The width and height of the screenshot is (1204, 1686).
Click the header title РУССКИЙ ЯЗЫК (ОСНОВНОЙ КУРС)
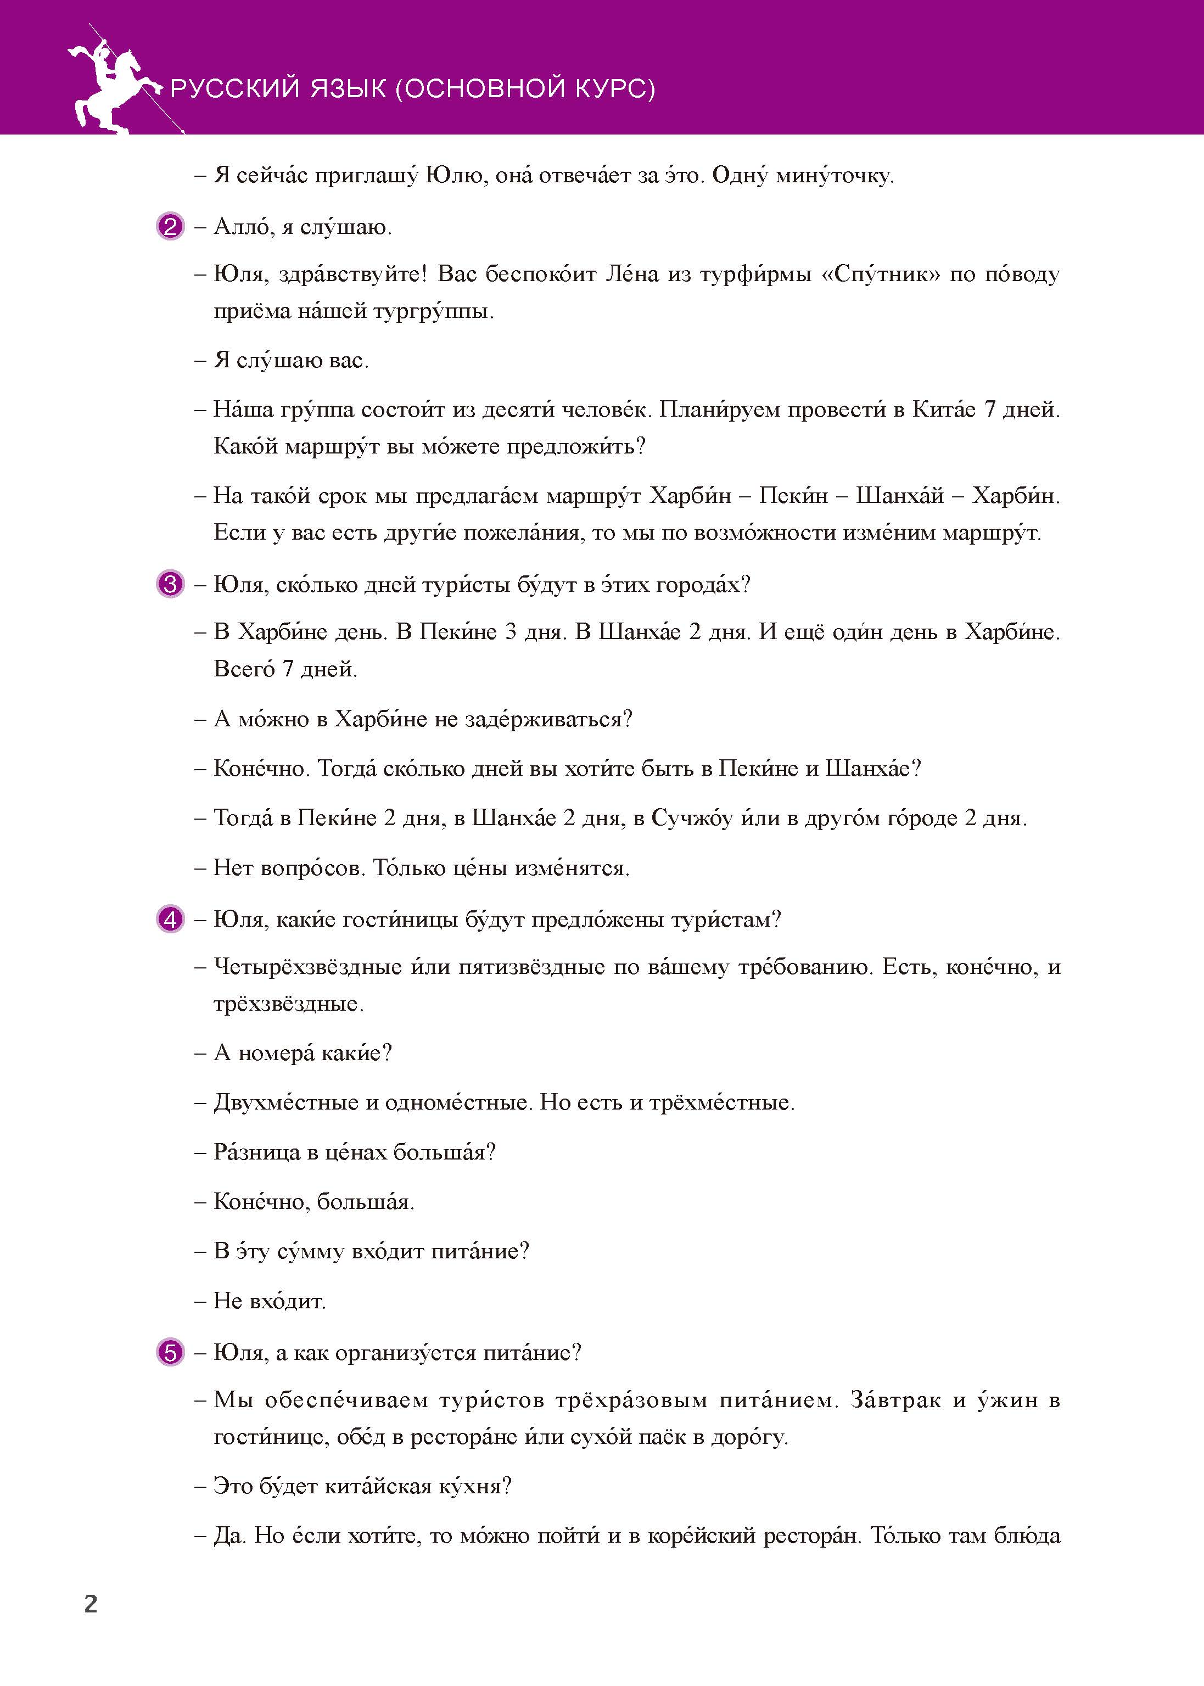click(x=412, y=89)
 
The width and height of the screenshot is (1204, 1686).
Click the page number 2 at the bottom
click(x=91, y=1604)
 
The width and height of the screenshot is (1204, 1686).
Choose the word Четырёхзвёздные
click(x=307, y=967)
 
